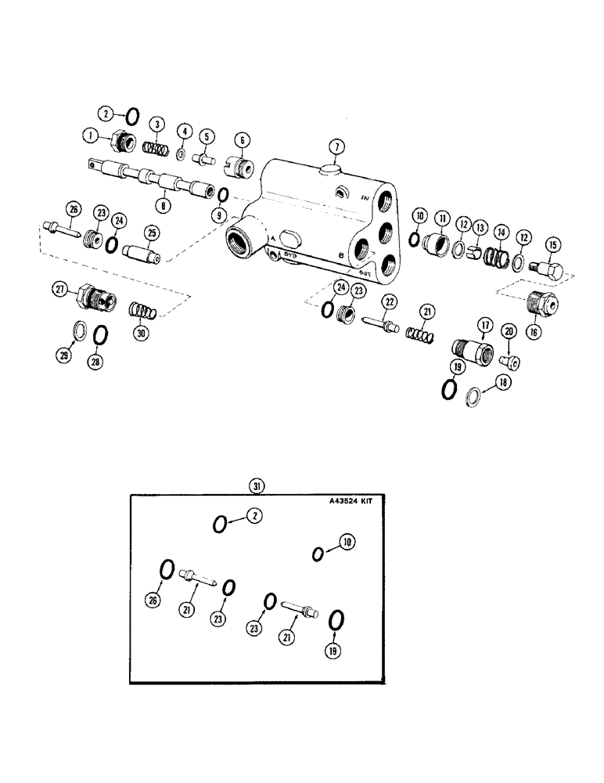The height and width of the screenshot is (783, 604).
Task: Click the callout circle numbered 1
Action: (x=93, y=135)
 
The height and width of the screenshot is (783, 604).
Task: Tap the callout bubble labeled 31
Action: (x=256, y=486)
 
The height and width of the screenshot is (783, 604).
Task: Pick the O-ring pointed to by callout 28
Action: (x=100, y=336)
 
